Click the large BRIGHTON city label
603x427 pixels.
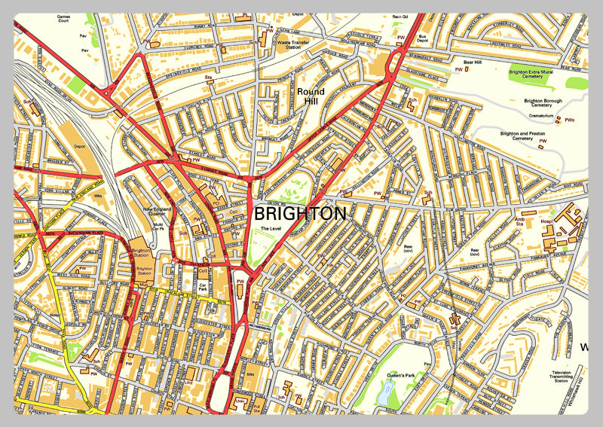click(x=300, y=214)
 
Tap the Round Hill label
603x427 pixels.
click(x=310, y=96)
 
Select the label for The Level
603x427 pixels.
click(x=269, y=228)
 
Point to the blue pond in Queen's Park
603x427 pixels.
click(x=387, y=391)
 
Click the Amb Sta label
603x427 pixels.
click(x=519, y=221)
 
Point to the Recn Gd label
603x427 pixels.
click(x=399, y=15)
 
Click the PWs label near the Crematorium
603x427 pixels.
click(x=569, y=120)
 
